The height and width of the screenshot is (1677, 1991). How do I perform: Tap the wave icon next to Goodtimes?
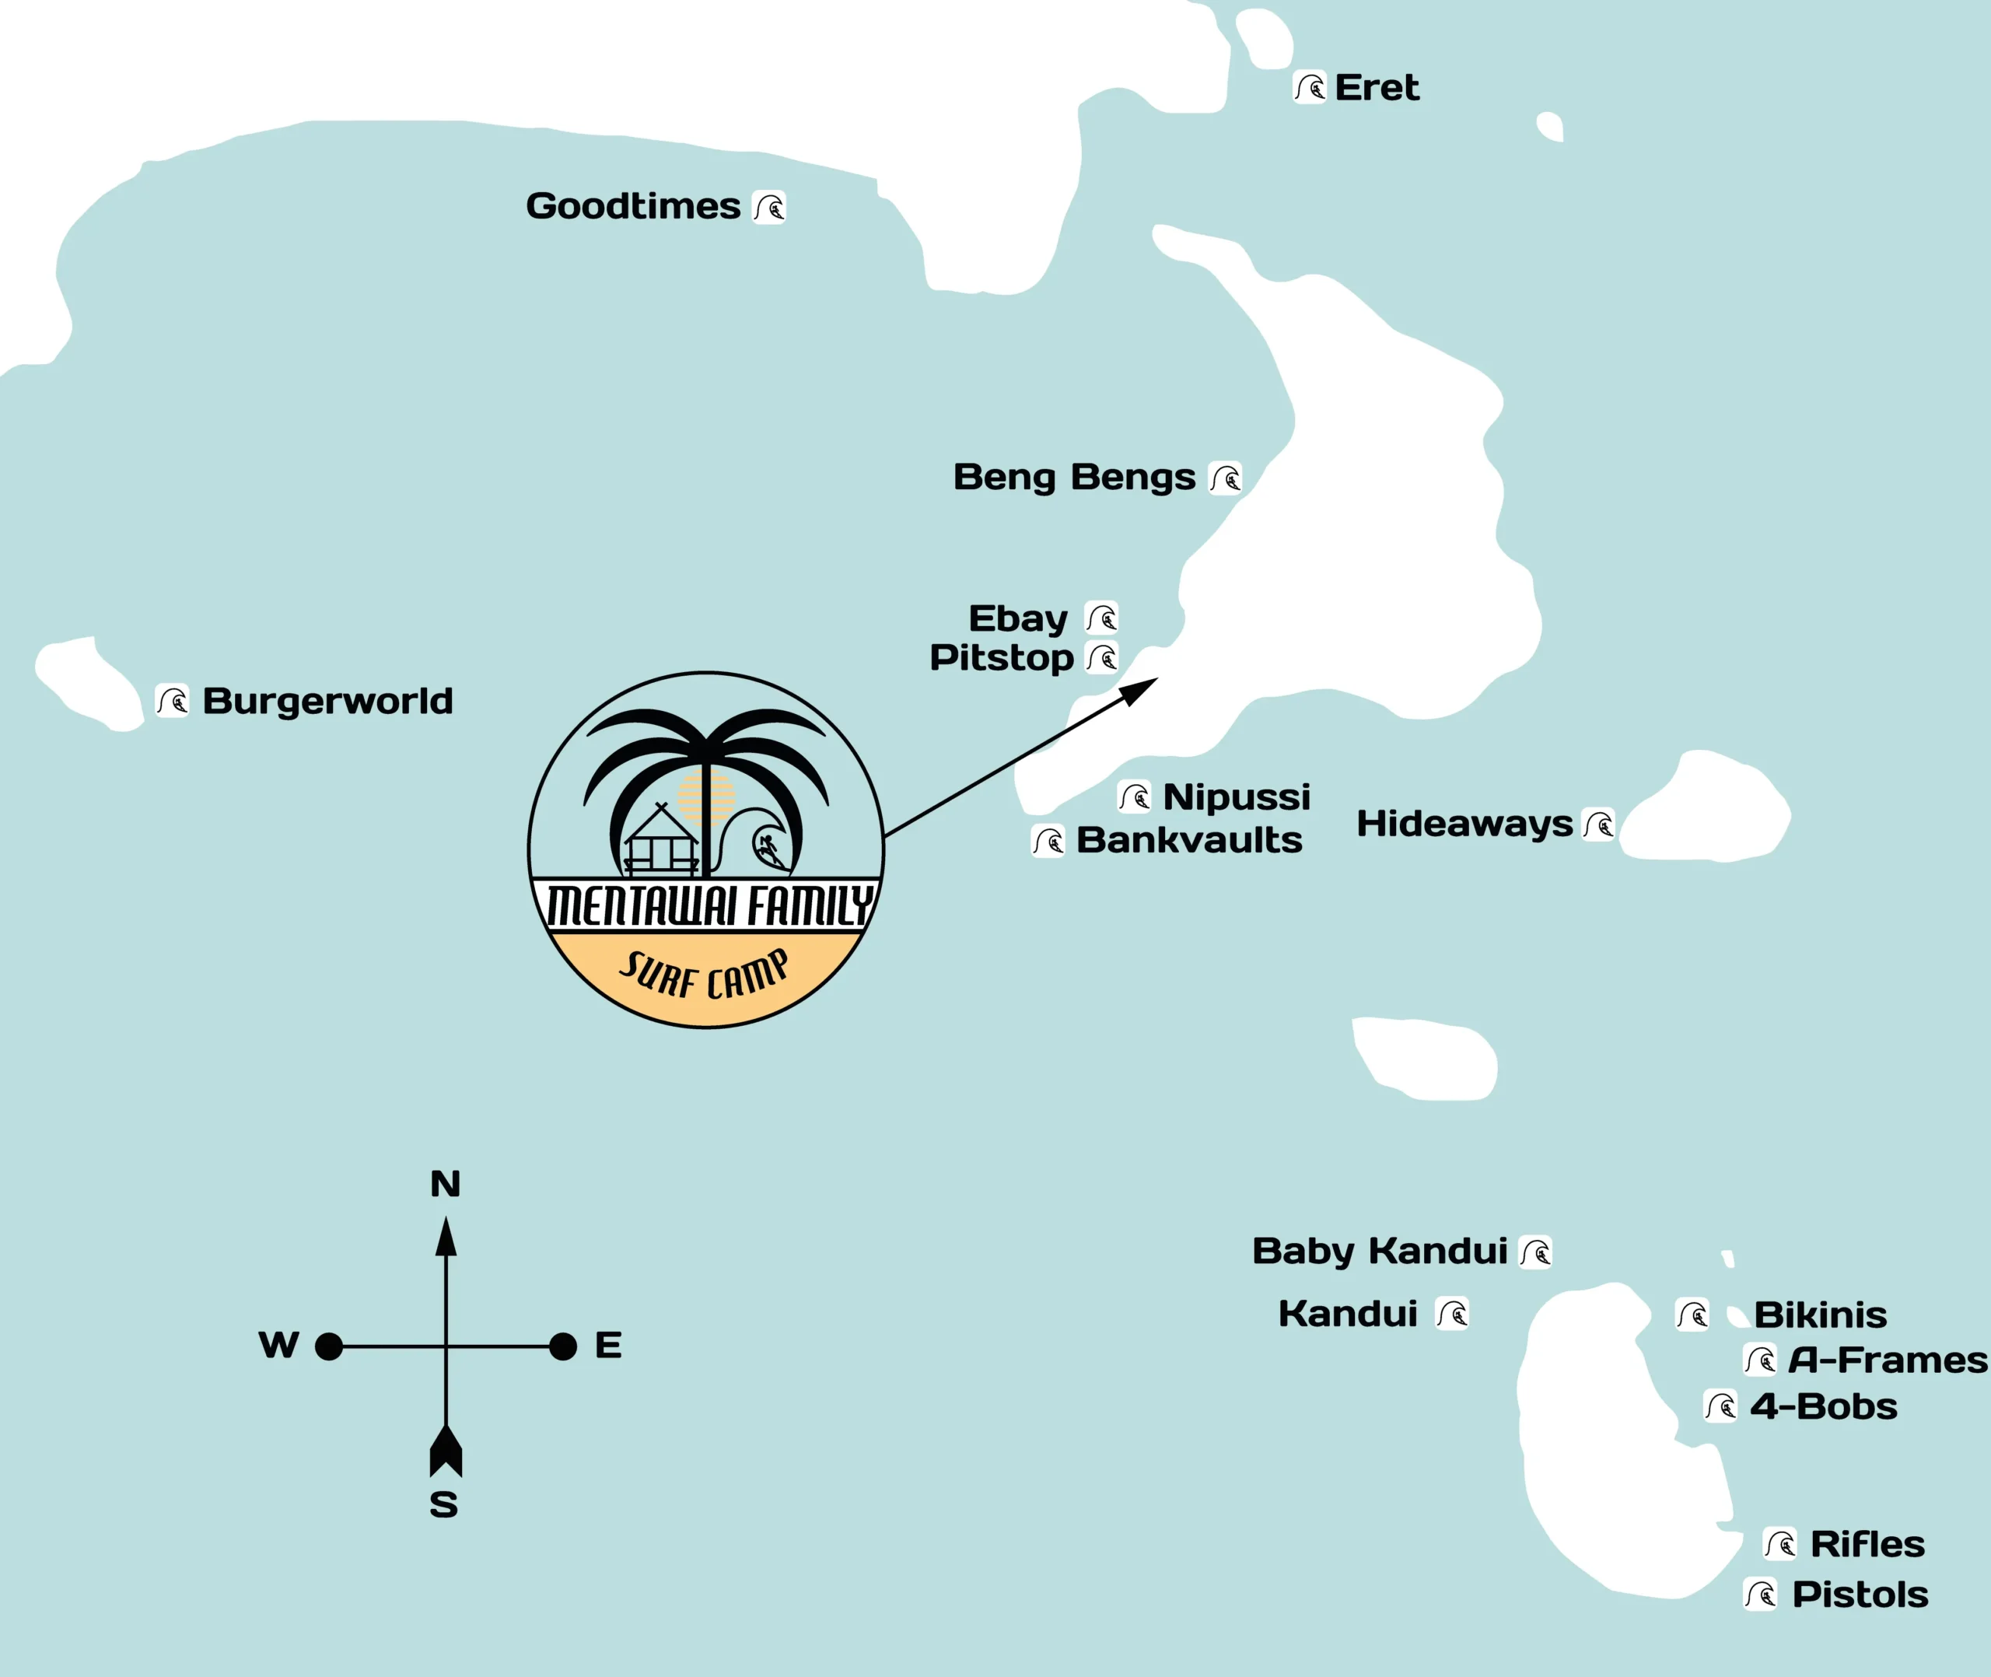pyautogui.click(x=769, y=206)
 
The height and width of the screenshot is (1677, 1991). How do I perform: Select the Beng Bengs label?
pyautogui.click(x=1074, y=478)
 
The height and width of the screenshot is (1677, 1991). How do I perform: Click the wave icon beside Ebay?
pyautogui.click(x=1101, y=618)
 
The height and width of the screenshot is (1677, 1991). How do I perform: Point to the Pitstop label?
pyautogui.click(x=1001, y=658)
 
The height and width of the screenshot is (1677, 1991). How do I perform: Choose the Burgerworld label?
pyautogui.click(x=328, y=702)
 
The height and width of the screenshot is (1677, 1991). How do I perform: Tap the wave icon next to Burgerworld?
pyautogui.click(x=172, y=702)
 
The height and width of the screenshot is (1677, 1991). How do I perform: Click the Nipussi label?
pyautogui.click(x=1237, y=796)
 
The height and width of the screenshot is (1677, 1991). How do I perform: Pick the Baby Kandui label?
pyautogui.click(x=1379, y=1251)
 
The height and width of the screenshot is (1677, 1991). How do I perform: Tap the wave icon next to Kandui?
pyautogui.click(x=1452, y=1314)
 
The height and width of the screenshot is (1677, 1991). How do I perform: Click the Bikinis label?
pyautogui.click(x=1820, y=1315)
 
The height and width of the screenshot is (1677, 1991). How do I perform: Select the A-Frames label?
pyautogui.click(x=1888, y=1360)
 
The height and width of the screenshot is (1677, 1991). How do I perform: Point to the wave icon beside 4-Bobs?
pyautogui.click(x=1720, y=1406)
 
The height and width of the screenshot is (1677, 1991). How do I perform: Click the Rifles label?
pyautogui.click(x=1867, y=1545)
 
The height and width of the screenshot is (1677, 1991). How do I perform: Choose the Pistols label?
pyautogui.click(x=1860, y=1595)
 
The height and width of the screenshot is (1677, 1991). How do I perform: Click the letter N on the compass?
pyautogui.click(x=445, y=1185)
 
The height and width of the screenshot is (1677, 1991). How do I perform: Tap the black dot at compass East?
pyautogui.click(x=562, y=1346)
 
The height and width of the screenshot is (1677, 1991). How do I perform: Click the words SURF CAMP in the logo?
pyautogui.click(x=704, y=975)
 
